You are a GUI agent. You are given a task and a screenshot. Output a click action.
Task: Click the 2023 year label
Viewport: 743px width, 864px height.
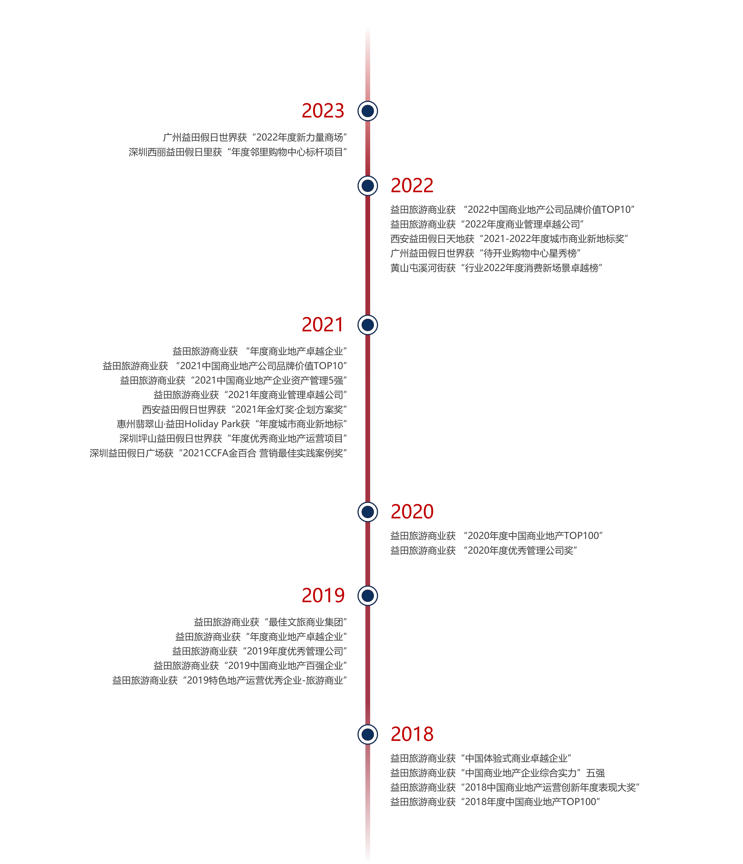[x=323, y=111]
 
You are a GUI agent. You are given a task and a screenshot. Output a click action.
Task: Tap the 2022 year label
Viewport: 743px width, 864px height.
[x=412, y=185]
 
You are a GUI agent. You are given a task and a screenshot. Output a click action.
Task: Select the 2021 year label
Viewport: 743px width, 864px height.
[x=322, y=325]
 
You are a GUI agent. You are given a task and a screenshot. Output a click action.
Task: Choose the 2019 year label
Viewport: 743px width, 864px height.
[x=323, y=595]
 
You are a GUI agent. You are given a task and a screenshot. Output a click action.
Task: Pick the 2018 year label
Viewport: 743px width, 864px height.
[x=412, y=734]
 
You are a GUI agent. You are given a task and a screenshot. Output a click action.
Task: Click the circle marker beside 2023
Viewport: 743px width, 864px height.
[x=367, y=111]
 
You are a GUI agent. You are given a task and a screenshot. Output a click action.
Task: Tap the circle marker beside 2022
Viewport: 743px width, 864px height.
[x=367, y=185]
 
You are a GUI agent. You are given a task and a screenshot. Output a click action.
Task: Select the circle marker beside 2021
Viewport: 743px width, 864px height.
[x=367, y=325]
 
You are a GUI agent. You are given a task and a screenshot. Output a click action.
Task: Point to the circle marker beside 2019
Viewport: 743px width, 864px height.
[x=367, y=595]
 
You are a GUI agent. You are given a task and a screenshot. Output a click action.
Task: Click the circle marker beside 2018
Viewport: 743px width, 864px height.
[x=367, y=734]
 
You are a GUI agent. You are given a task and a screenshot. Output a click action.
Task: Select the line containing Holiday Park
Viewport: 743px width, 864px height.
[x=232, y=424]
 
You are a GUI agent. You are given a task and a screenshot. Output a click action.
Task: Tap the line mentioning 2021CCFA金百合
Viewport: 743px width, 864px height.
[x=218, y=453]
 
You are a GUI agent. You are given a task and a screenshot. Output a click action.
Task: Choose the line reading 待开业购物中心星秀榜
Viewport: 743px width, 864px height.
[x=485, y=253]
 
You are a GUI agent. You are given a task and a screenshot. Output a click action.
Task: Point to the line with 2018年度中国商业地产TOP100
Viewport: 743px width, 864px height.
[x=495, y=802]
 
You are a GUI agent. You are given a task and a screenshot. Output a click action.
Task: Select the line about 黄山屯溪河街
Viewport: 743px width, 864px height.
[x=496, y=268]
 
